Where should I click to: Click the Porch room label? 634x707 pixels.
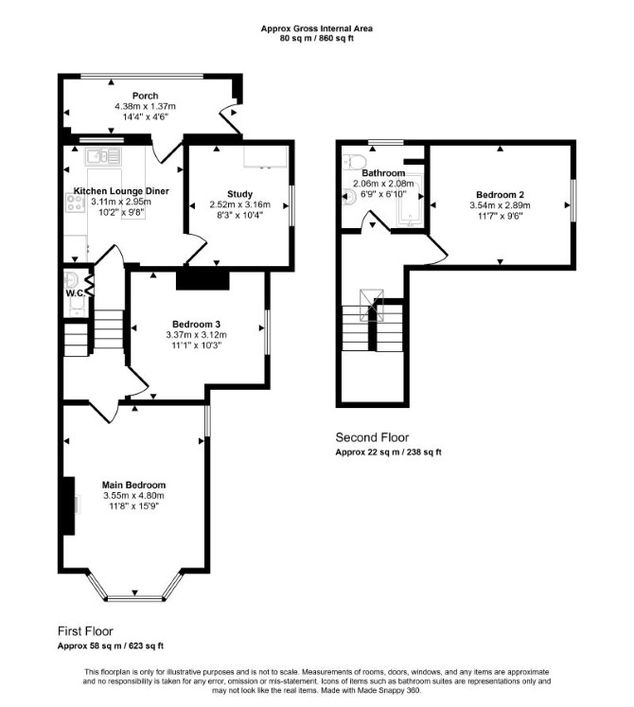tap(145, 96)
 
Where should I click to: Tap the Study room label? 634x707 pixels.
tap(240, 194)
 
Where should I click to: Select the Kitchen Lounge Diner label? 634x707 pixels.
tap(121, 191)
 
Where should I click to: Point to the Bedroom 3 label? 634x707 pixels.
tap(196, 325)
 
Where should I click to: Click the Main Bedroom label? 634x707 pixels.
tap(134, 486)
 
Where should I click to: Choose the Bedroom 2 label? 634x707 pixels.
tap(500, 195)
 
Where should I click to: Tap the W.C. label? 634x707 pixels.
tap(76, 293)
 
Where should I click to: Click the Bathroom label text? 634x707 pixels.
tap(383, 173)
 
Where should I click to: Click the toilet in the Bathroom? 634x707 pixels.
tap(355, 162)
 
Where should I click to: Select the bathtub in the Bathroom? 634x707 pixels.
tap(410, 200)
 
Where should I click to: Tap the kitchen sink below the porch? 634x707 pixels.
tap(103, 156)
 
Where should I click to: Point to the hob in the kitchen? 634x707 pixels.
tap(75, 203)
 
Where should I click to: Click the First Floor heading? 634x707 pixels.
tap(85, 631)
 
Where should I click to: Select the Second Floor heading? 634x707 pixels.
tap(372, 437)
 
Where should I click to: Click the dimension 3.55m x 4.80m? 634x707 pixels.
tap(134, 496)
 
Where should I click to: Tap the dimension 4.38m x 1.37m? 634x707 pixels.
tap(145, 107)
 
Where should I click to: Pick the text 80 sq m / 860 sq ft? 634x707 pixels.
tap(317, 38)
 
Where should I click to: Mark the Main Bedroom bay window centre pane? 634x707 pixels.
tap(134, 599)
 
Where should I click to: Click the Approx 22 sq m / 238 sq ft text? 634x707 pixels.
tap(388, 451)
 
